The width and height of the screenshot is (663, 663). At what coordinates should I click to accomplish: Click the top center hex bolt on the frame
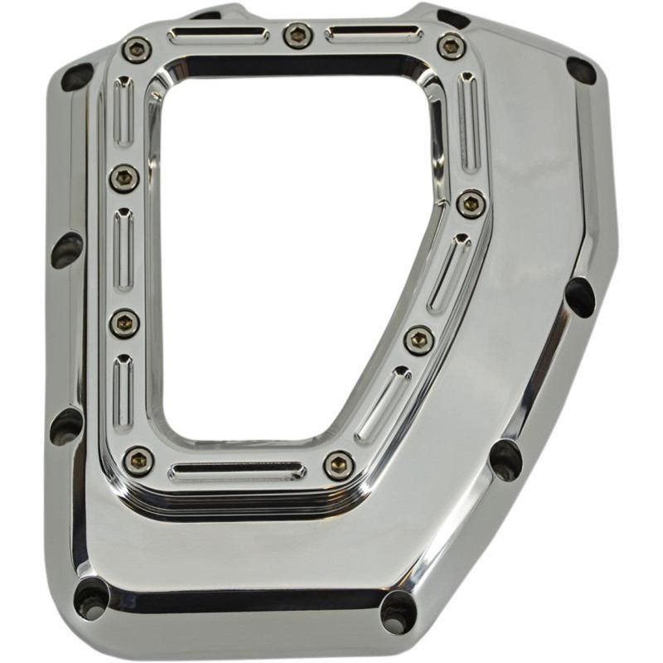tap(298, 36)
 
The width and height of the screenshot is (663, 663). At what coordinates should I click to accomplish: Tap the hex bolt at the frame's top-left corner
tap(137, 50)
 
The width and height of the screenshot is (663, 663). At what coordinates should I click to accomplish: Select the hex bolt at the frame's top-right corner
tap(452, 46)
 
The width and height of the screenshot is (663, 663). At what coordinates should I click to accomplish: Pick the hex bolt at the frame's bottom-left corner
tap(138, 460)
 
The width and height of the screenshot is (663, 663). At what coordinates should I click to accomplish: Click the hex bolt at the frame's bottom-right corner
tap(339, 466)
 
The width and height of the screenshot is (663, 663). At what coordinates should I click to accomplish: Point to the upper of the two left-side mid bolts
tap(124, 177)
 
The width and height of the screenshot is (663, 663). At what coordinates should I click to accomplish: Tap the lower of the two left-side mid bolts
tap(124, 322)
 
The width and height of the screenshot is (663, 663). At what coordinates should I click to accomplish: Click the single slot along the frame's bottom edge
tap(235, 472)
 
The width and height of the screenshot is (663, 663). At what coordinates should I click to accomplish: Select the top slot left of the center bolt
tap(218, 36)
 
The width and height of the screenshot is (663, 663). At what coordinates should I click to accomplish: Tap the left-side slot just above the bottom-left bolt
tap(123, 394)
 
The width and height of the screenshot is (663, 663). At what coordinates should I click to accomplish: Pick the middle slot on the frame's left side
tap(123, 249)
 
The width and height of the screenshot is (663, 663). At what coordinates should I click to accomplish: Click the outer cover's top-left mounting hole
tap(77, 77)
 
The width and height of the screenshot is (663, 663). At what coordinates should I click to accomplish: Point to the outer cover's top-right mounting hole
tap(581, 70)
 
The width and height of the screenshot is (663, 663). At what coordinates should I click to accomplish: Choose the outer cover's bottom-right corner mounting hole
tap(399, 612)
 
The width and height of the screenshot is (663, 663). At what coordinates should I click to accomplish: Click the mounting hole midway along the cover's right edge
tap(580, 296)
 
